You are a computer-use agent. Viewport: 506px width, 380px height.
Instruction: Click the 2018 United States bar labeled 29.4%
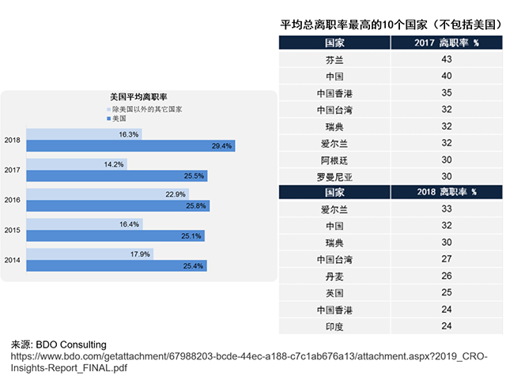[130, 146]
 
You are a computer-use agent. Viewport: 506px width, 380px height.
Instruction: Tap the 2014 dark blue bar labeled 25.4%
[116, 266]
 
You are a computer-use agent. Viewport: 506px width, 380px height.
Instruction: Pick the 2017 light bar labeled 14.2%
[76, 164]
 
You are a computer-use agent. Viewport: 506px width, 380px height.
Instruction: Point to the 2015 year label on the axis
[12, 231]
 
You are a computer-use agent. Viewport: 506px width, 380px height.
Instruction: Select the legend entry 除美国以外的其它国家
[147, 108]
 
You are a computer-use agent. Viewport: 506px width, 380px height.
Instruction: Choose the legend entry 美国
[119, 118]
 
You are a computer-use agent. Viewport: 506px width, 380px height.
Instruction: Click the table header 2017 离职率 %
[447, 42]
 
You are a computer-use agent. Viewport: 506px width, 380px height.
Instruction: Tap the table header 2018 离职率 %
[447, 192]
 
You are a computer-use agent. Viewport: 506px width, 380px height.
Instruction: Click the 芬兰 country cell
[334, 60]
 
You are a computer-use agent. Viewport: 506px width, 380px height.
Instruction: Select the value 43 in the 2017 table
[447, 60]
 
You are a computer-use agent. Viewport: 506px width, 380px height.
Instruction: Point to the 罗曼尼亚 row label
[334, 176]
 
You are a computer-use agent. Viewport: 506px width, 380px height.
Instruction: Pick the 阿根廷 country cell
[334, 160]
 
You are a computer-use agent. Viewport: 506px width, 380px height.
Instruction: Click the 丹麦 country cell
[334, 277]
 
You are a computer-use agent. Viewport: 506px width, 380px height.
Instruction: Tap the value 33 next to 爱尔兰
[447, 209]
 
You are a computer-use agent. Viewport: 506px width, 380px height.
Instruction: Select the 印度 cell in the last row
[334, 326]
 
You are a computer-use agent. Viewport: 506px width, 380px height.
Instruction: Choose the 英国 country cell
[334, 293]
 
